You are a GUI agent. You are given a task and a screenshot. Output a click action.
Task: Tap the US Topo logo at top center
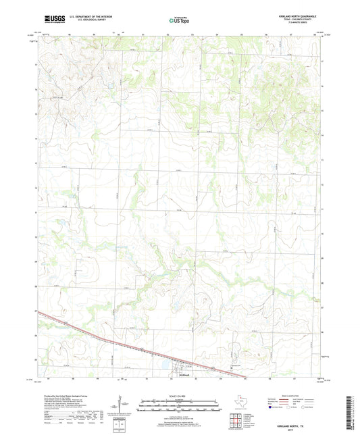tap(179, 20)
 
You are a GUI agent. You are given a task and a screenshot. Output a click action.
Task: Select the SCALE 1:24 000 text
tap(179, 396)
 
